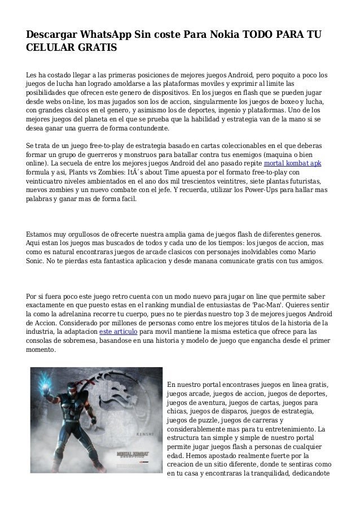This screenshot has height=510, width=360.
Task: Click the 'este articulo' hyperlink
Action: coord(118,331)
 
